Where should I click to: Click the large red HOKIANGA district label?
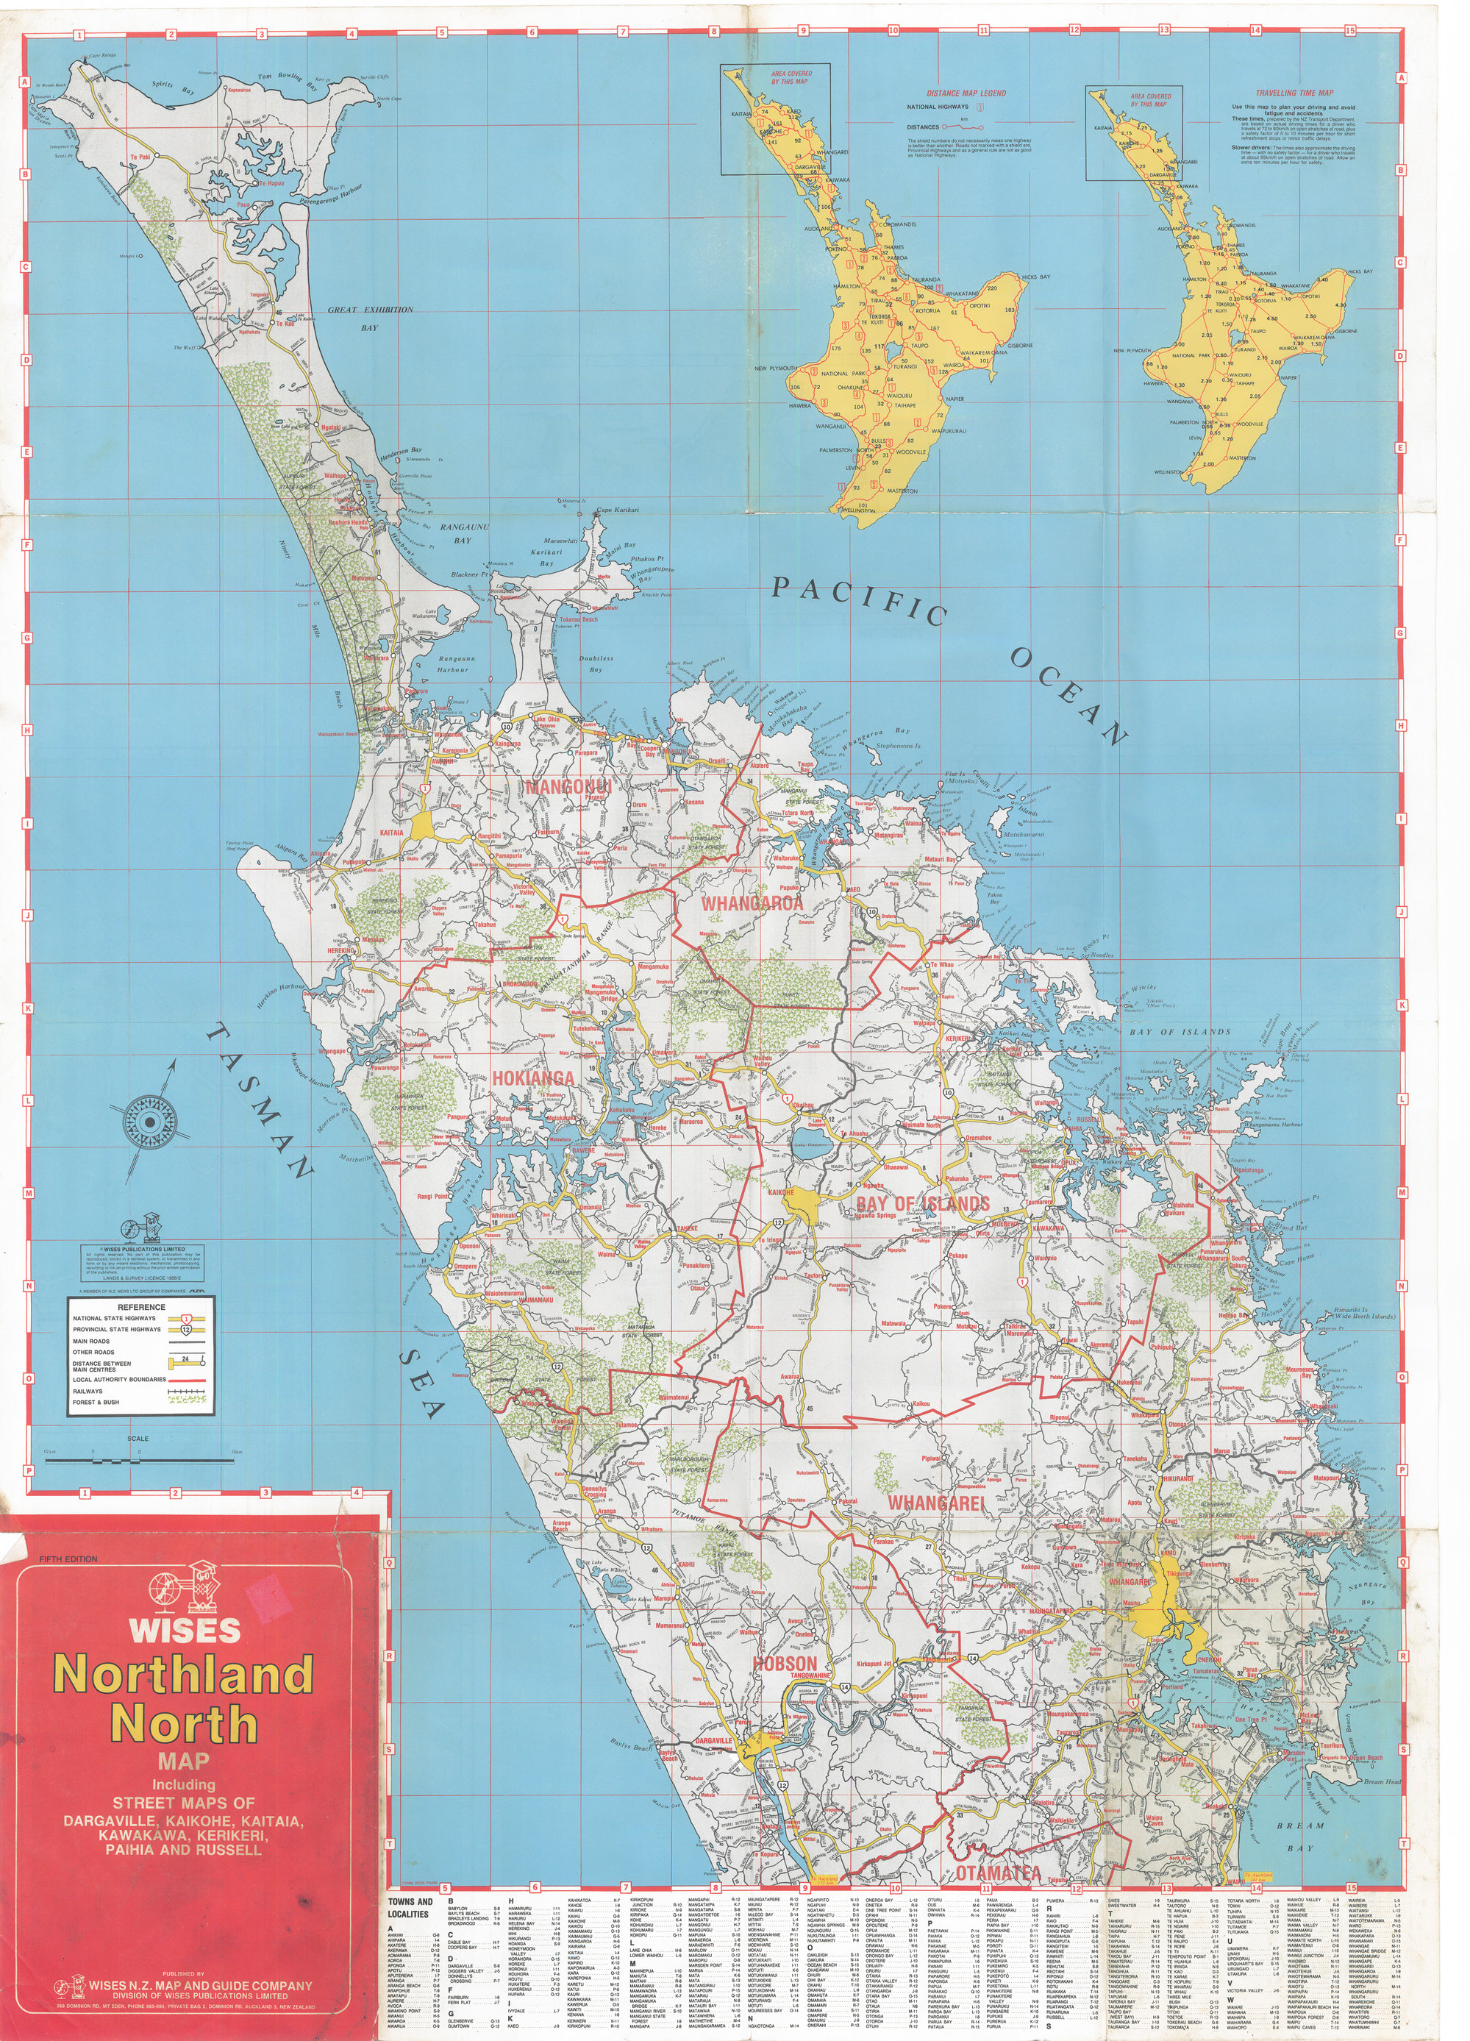click(x=532, y=1078)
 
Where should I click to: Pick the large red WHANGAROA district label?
click(x=752, y=902)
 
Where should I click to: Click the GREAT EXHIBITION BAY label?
click(x=370, y=310)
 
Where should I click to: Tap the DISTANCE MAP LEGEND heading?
click(x=966, y=93)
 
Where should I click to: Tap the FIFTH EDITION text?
click(x=68, y=1559)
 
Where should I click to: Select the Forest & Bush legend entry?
click(x=96, y=1402)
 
